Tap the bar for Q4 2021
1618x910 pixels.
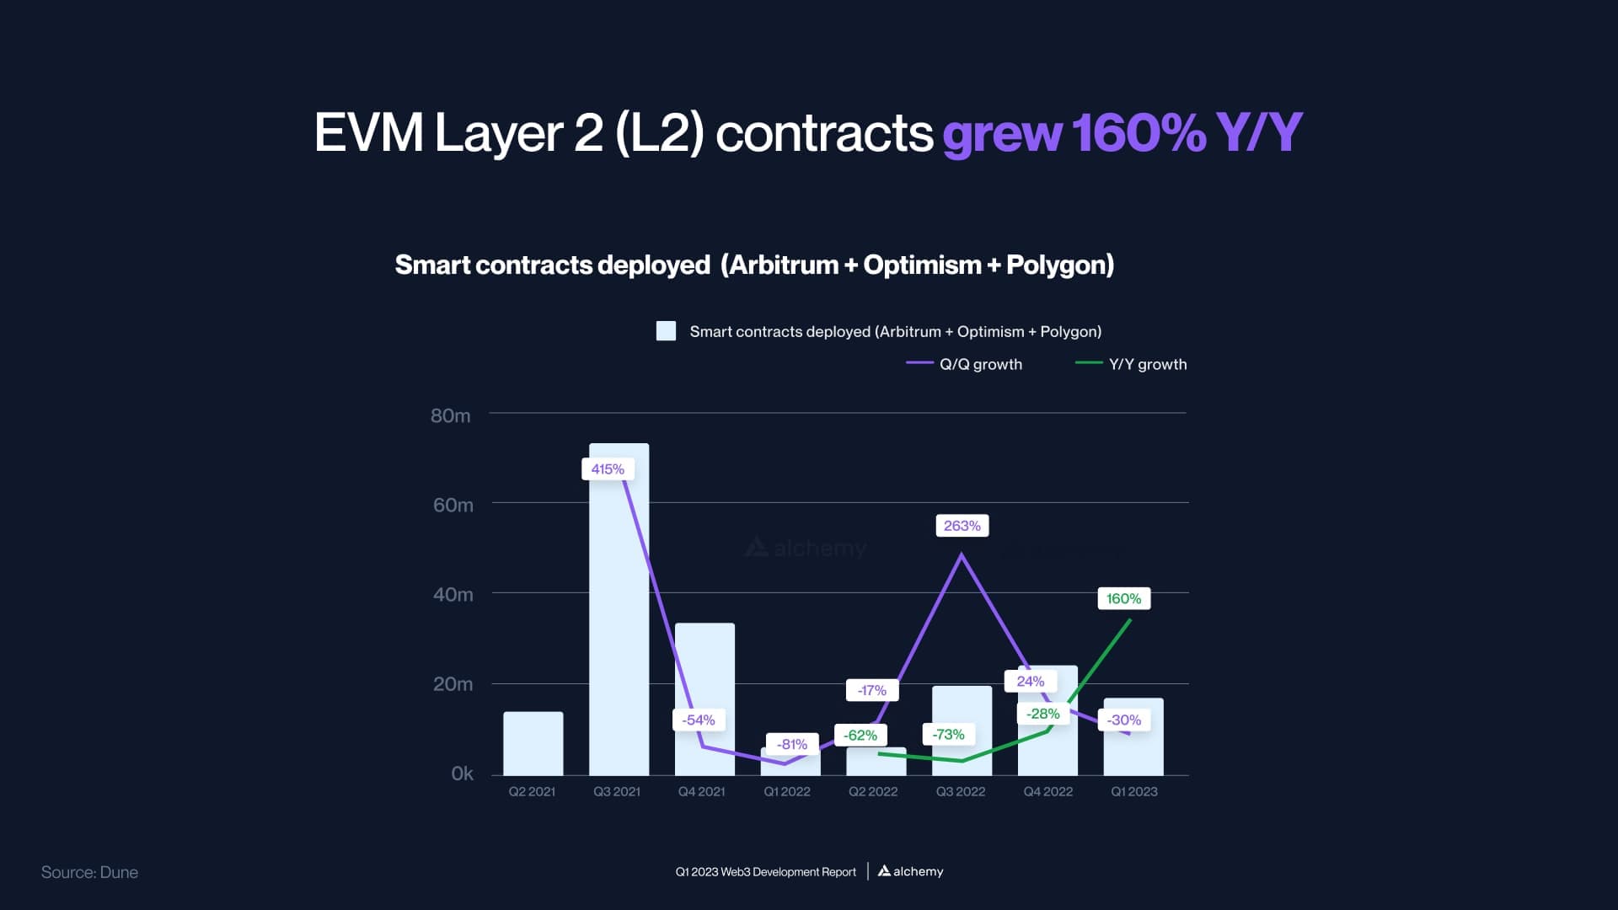tap(705, 674)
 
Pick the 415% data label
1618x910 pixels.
tap(608, 469)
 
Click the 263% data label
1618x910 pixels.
tap(962, 526)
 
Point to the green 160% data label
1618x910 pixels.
tap(1123, 599)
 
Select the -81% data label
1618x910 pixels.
tap(792, 745)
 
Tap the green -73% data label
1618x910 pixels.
tap(948, 735)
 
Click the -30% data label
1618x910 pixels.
tap(1124, 720)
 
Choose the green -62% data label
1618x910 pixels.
tap(860, 736)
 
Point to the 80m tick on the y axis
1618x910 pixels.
tap(451, 415)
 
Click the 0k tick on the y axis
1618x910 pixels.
tap(462, 773)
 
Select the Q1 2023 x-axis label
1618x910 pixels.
tap(1133, 792)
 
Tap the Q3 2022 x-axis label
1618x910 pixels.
tap(961, 792)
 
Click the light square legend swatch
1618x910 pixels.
tap(666, 331)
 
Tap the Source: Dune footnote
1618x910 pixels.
tap(89, 873)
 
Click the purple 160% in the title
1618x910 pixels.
tap(1138, 133)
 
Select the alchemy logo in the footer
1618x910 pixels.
tap(910, 871)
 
